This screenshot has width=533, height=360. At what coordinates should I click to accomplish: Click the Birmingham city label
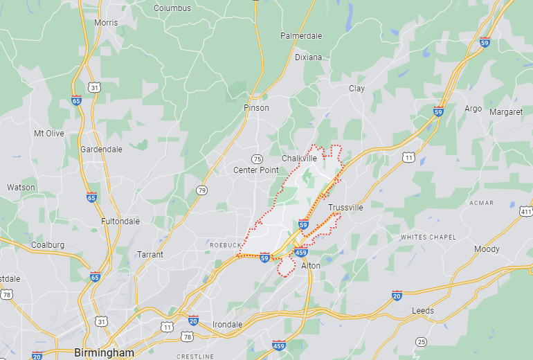click(x=104, y=352)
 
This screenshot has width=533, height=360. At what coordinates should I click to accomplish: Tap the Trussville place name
click(x=345, y=208)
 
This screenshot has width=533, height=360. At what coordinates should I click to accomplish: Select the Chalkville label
click(x=299, y=158)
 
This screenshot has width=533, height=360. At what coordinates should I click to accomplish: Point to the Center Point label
click(x=255, y=170)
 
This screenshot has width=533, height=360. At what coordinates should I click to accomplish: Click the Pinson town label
click(x=256, y=108)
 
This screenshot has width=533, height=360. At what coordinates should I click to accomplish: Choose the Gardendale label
click(x=101, y=149)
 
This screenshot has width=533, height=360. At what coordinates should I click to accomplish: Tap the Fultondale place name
click(x=120, y=221)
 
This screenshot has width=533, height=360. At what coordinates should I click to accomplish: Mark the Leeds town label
click(x=423, y=311)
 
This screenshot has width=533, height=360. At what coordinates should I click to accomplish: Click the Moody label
click(x=487, y=249)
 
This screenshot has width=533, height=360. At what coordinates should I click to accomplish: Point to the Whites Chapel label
click(x=428, y=237)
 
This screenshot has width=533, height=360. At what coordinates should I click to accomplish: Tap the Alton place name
click(x=311, y=265)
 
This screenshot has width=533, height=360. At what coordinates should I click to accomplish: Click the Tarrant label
click(x=150, y=254)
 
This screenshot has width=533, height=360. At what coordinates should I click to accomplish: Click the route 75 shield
click(x=257, y=159)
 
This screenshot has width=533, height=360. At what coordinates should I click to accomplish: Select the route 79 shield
click(x=201, y=190)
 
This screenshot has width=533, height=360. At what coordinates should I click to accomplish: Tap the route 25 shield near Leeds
click(x=421, y=341)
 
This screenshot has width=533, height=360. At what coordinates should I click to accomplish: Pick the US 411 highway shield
click(x=527, y=211)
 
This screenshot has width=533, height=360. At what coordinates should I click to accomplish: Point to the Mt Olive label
click(x=48, y=133)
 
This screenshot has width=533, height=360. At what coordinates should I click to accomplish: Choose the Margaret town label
click(x=505, y=111)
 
